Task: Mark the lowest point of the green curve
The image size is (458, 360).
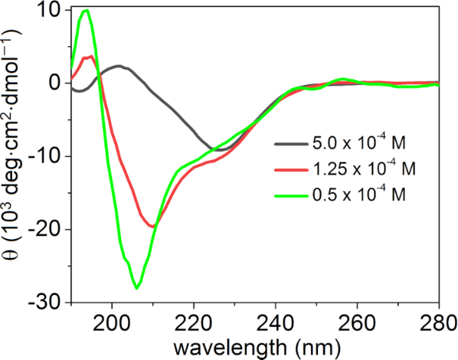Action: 137,288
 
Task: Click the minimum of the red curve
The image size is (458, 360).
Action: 153,226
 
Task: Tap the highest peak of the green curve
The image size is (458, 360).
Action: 86,11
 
